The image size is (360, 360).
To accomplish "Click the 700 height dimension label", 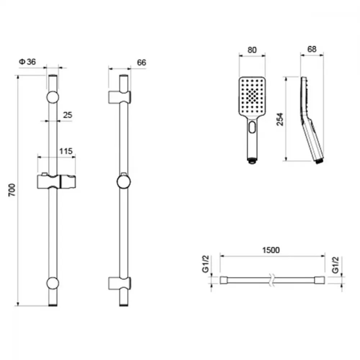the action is coord(12,190).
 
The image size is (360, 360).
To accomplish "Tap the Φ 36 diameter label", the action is coord(27,62).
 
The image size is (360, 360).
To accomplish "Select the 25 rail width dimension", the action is coord(68,115).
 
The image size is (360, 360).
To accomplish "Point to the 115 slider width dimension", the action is coord(66,151).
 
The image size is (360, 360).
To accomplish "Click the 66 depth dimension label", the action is coord(141,62).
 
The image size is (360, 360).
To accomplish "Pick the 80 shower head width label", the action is coord(252,50).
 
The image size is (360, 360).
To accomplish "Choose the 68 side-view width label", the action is coord(312,49).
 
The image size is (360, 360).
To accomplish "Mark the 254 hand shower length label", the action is coord(280,119).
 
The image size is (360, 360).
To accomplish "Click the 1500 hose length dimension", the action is coord(271,250).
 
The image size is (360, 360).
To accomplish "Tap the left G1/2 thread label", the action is coord(206,264).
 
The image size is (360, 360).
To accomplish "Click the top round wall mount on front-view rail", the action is coord(53,97).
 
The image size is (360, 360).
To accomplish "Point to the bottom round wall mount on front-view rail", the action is coord(53,283).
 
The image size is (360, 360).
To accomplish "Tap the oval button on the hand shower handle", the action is coord(252,127).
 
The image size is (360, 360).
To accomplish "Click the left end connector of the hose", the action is coord(224,280).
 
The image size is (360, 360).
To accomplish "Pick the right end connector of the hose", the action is coord(320,280).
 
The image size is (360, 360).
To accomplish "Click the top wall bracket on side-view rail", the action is coord(120,97).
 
